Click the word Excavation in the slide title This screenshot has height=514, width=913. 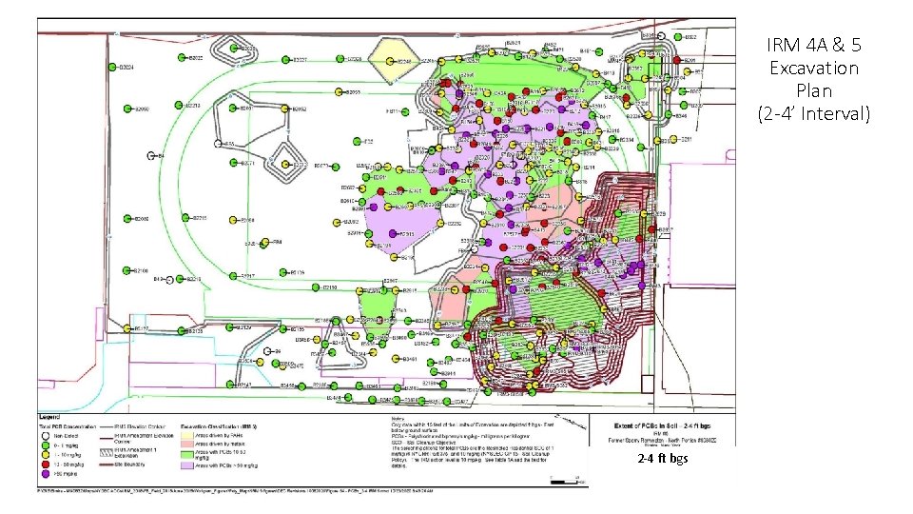tap(813, 69)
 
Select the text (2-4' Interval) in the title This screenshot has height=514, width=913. tap(813, 114)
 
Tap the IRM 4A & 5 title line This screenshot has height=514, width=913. tap(813, 45)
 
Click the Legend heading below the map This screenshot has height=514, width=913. tap(49, 417)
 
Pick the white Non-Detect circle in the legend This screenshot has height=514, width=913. tap(45, 434)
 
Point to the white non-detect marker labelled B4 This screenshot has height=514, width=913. tap(149, 155)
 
